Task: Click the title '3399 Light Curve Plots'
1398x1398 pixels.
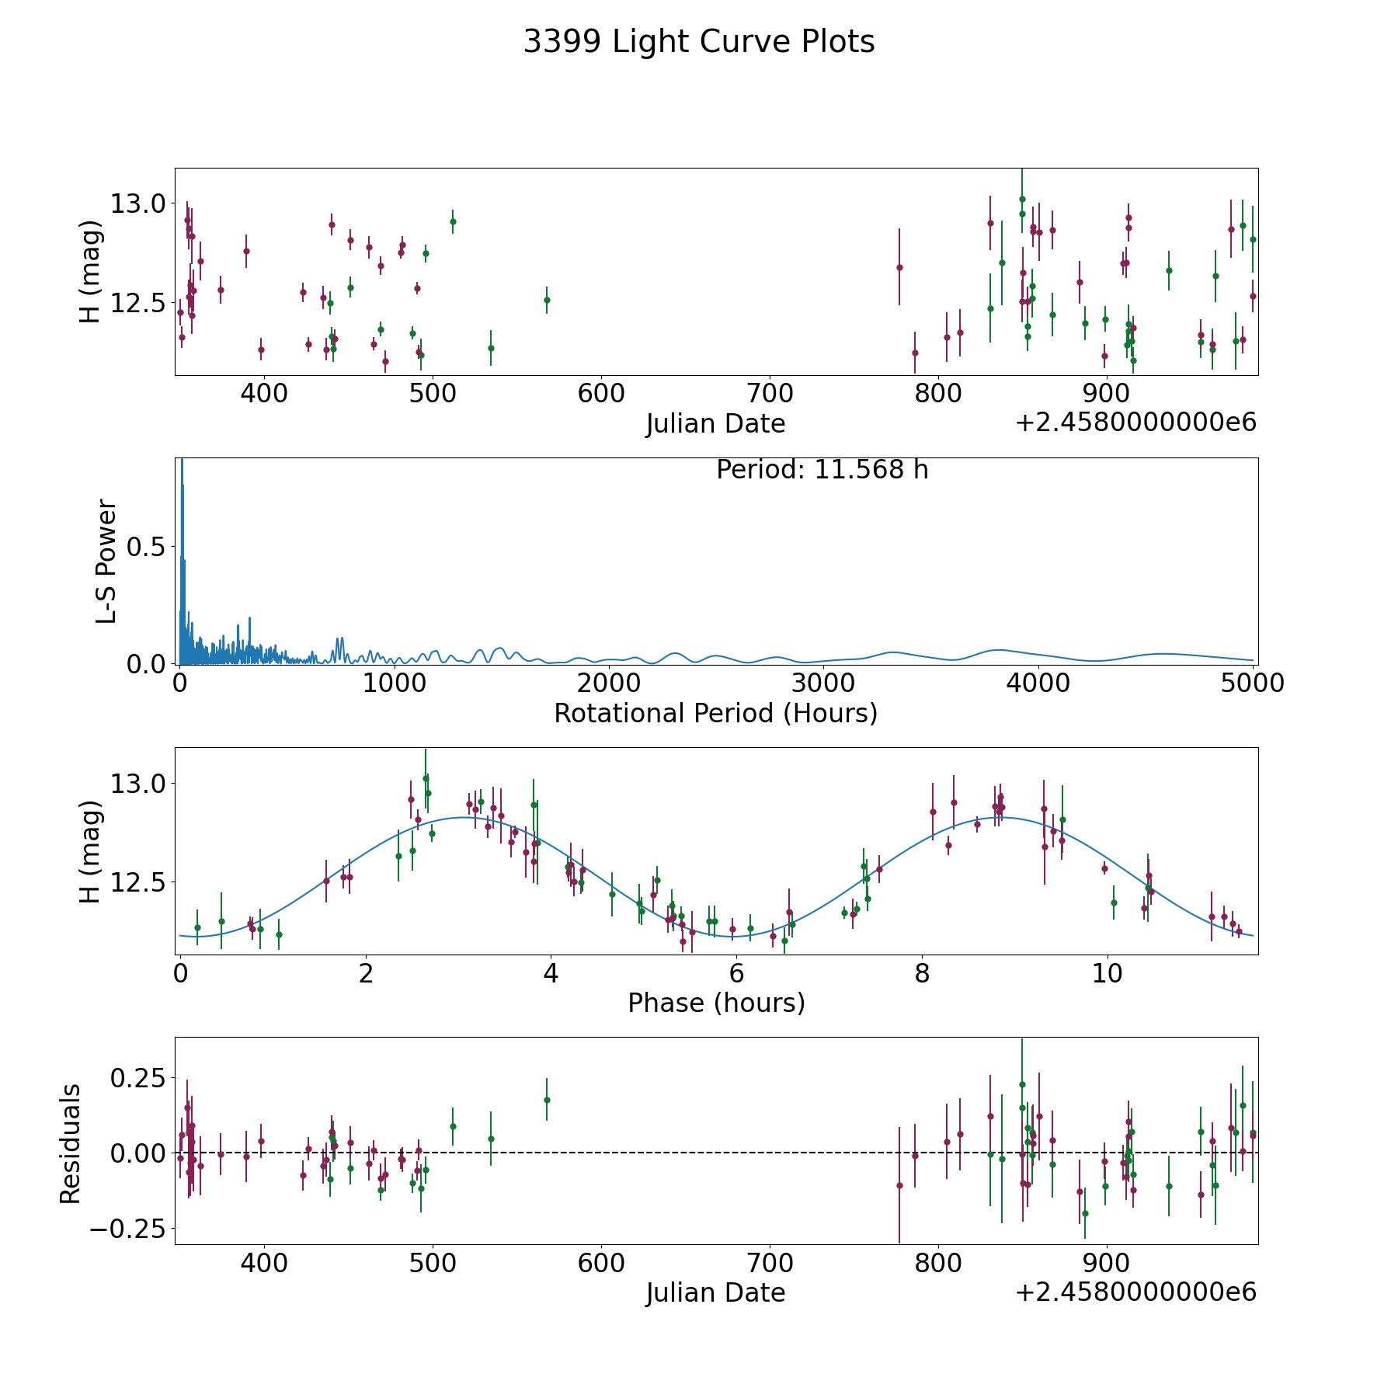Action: (699, 42)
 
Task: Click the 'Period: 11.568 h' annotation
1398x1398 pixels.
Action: (822, 470)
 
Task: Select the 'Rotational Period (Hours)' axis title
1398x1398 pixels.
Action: (716, 713)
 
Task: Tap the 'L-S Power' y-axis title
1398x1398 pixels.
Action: (106, 562)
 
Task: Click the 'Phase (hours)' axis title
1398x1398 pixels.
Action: (716, 1003)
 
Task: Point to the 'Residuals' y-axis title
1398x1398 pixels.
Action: (70, 1144)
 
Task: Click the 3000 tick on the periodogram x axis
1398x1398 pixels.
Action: (823, 683)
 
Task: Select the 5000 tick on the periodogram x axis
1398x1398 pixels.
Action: (1253, 683)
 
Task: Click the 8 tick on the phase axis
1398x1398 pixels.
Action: (922, 973)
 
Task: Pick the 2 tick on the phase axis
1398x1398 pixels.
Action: (365, 973)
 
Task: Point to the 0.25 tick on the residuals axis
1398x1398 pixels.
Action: (138, 1079)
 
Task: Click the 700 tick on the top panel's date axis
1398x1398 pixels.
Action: (770, 394)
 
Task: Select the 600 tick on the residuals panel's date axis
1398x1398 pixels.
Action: (601, 1263)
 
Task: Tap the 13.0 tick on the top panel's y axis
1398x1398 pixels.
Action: (138, 204)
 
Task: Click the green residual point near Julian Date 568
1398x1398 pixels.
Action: (547, 1100)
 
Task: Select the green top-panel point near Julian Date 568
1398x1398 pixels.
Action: (547, 300)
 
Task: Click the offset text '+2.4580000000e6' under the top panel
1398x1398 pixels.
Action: (1135, 423)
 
